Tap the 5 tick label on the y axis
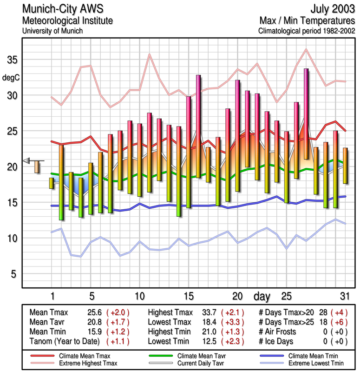pyautogui.click(x=14, y=274)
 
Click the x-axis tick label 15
pyautogui.click(x=189, y=296)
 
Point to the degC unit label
pyautogui.click(x=12, y=77)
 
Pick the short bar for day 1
pyautogui.click(x=52, y=183)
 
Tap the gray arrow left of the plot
pyautogui.click(x=27, y=160)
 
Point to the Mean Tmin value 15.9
pyautogui.click(x=93, y=331)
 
